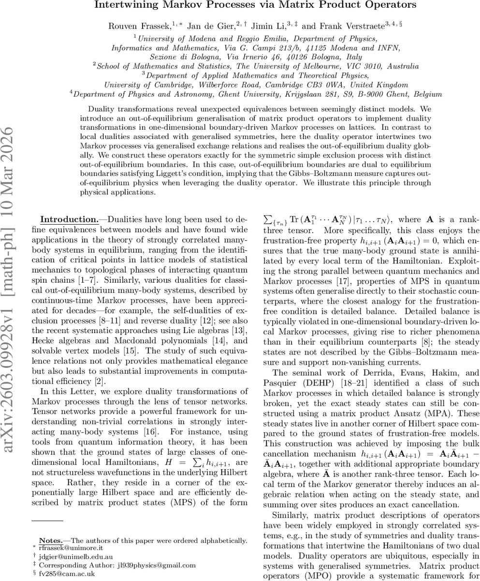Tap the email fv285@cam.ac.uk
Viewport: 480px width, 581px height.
pos(63,573)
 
